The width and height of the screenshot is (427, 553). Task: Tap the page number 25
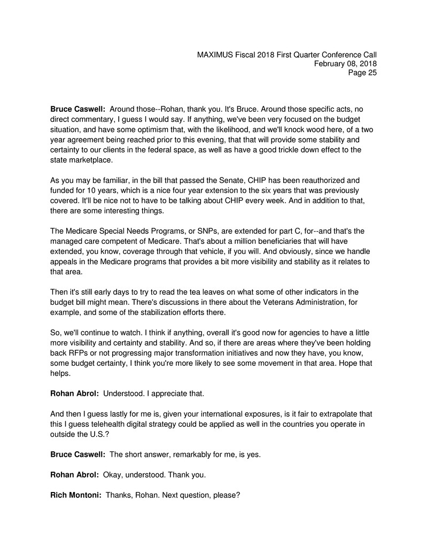(371, 73)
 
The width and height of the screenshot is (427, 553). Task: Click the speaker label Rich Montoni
(75, 495)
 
